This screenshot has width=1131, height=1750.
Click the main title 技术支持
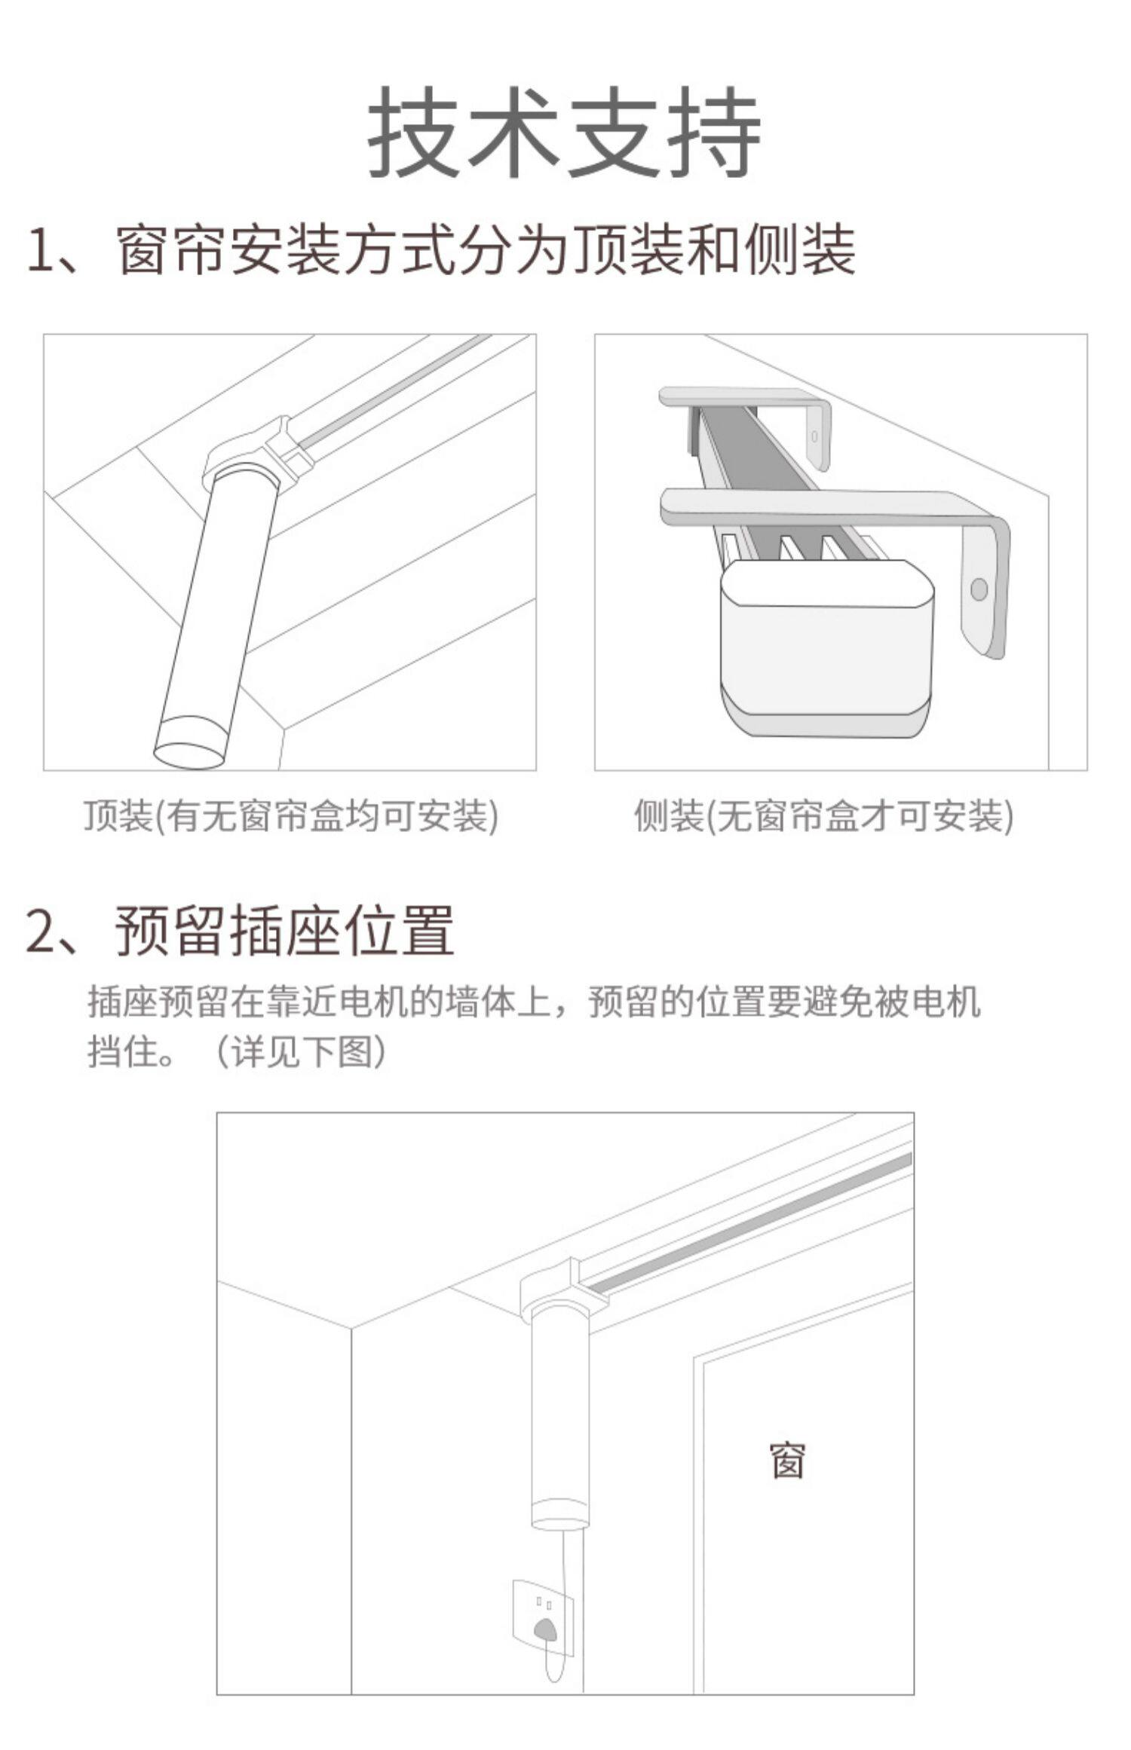pos(564,132)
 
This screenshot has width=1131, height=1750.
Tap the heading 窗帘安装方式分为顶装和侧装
pos(487,249)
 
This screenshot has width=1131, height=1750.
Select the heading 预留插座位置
pos(285,930)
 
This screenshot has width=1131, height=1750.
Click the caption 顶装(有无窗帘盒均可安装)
pos(291,815)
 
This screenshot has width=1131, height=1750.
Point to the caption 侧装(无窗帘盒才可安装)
pos(824,815)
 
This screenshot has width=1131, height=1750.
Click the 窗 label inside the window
pos(788,1461)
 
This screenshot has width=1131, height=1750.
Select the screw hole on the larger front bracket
pos(979,589)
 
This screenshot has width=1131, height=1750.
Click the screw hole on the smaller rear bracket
pos(814,436)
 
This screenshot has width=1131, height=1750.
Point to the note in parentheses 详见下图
pos(302,1051)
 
